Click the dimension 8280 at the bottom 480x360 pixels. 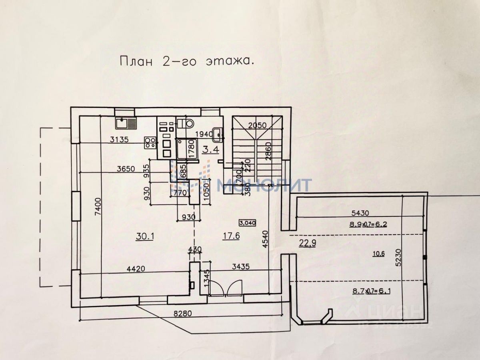[x=182, y=314]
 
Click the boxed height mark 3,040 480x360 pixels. [x=248, y=223]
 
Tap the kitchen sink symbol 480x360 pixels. [x=125, y=122]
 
